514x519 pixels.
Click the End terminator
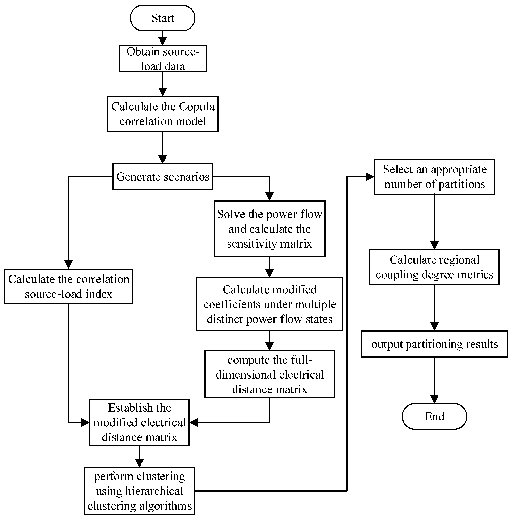click(x=434, y=416)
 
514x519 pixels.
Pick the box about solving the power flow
click(x=269, y=229)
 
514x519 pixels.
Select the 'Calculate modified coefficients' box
click(x=269, y=304)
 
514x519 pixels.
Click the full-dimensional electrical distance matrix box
click(x=269, y=375)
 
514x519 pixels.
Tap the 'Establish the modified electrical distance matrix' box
click(x=139, y=423)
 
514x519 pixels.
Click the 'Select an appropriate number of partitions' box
click(x=434, y=177)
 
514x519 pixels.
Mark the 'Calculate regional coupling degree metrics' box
click(x=434, y=267)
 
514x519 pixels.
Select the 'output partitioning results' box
click(x=434, y=344)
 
